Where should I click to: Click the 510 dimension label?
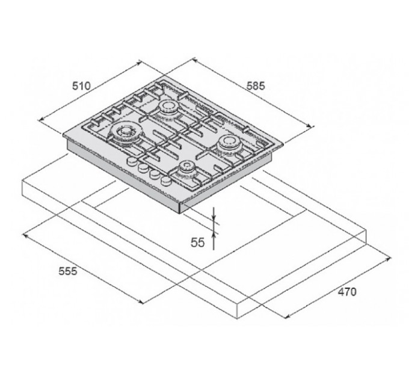point(81,85)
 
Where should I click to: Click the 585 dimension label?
point(256,85)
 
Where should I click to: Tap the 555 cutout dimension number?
point(68,271)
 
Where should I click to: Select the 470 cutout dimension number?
point(347,292)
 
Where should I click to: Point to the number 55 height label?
point(197,242)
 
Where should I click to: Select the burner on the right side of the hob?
point(230,143)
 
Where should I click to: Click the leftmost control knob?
point(132,161)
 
